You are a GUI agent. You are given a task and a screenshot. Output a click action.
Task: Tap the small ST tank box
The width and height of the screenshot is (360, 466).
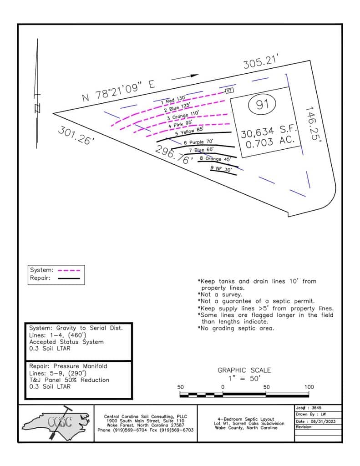(229, 91)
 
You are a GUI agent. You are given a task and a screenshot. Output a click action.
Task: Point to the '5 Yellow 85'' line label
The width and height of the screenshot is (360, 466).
(188, 133)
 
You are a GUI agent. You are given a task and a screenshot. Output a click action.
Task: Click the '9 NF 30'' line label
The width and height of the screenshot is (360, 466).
(221, 168)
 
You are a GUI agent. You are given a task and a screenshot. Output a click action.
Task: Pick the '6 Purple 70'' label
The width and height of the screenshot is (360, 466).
(199, 142)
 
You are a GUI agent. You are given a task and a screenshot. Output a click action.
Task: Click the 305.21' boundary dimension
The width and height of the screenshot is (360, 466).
(260, 62)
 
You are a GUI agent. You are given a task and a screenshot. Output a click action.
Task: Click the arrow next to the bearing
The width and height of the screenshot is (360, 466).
(186, 77)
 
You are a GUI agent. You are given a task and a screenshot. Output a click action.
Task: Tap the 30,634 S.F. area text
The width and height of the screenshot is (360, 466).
(269, 133)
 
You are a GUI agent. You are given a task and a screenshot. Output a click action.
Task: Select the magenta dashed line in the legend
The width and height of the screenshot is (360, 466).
(71, 270)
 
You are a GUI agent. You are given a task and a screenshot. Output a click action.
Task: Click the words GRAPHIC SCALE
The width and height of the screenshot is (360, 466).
(244, 370)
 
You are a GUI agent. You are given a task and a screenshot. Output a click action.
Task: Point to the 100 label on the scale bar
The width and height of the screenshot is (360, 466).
(309, 387)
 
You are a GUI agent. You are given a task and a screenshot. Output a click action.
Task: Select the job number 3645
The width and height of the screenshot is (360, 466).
(318, 408)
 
